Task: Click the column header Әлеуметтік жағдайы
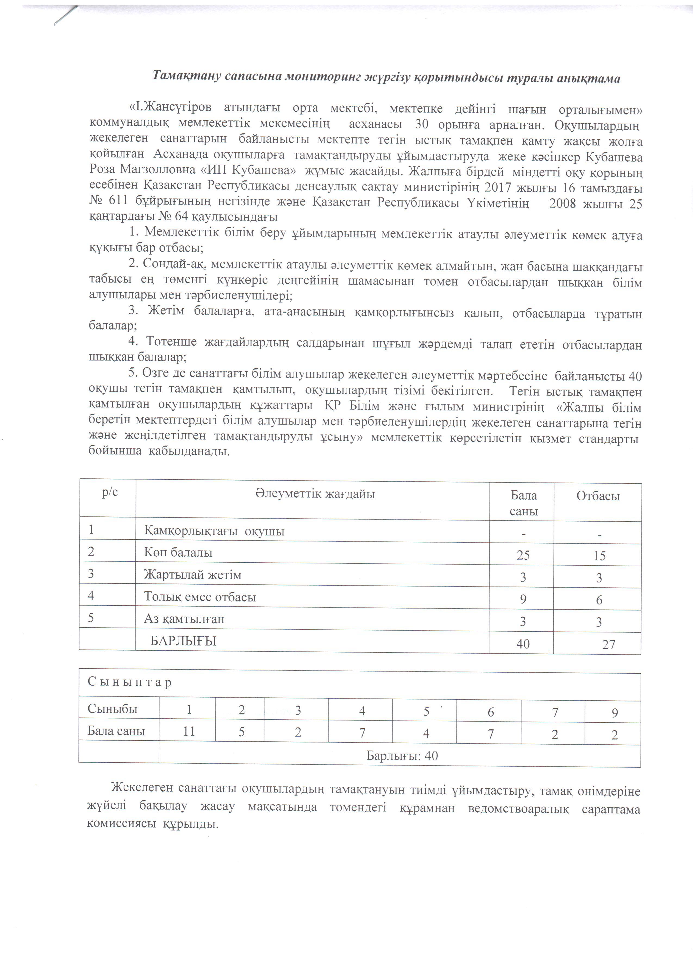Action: coord(315,494)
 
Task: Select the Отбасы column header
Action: coord(598,496)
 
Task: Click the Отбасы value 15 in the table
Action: coord(599,556)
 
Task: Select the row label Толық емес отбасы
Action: coord(200,597)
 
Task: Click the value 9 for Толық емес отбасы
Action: coord(523,599)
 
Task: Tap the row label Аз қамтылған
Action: coord(184,619)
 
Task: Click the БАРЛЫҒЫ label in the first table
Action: coord(184,641)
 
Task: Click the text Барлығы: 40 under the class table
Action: coord(402,756)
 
